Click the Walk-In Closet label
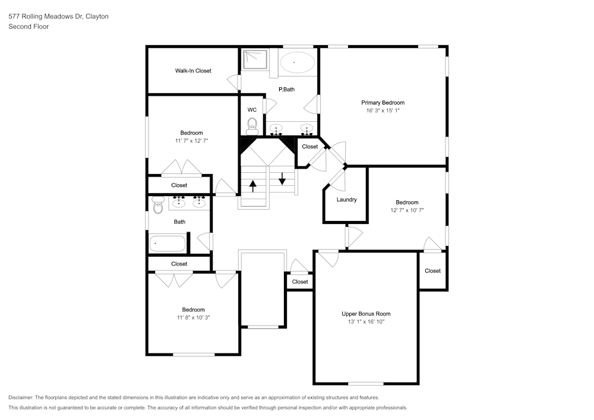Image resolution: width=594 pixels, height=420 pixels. (193, 71)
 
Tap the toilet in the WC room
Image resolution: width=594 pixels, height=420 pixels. (252, 125)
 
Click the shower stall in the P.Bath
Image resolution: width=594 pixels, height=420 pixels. (255, 59)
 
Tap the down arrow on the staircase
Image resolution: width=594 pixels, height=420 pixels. (282, 177)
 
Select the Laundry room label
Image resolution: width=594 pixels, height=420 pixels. (346, 200)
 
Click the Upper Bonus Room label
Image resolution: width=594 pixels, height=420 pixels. (366, 314)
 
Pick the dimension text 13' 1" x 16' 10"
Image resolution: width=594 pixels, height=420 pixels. (366, 321)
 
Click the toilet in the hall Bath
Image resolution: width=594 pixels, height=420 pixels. (157, 206)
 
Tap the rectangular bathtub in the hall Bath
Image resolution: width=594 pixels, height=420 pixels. (167, 243)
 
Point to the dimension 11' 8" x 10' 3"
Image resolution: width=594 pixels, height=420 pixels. (193, 317)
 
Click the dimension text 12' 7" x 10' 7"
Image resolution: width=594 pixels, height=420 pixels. (407, 210)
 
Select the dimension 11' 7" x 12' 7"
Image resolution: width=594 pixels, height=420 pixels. (192, 141)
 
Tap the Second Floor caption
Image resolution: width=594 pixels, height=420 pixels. (29, 27)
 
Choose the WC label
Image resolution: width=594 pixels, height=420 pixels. (252, 110)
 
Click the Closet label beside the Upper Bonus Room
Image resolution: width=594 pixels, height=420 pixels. (432, 271)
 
